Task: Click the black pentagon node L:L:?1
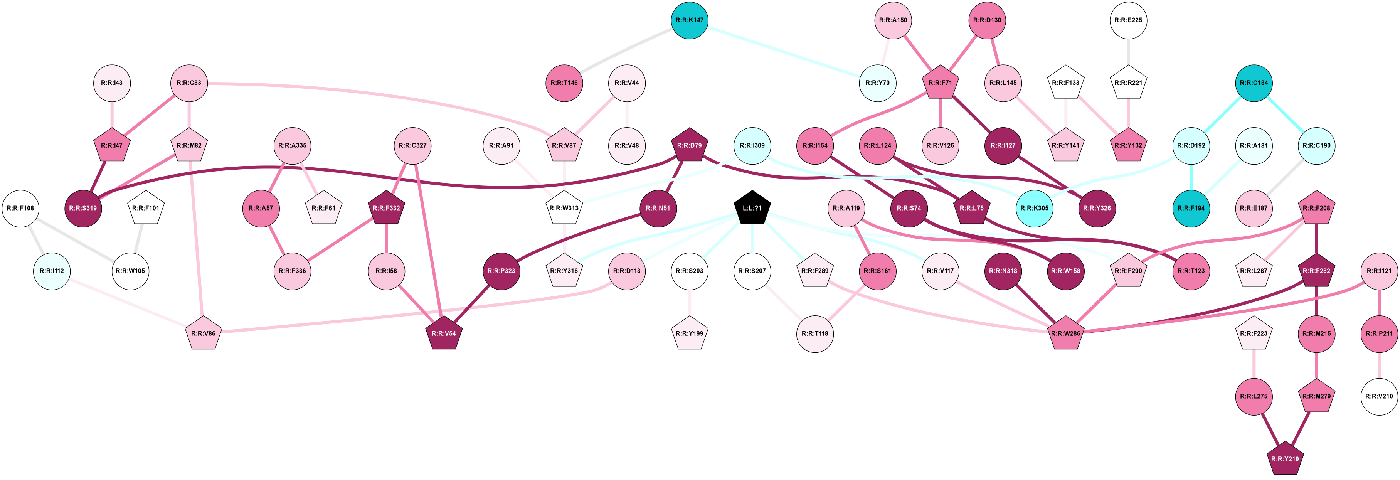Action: coord(752,208)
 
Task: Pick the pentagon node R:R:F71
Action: coord(940,83)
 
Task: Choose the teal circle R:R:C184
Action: coord(1254,83)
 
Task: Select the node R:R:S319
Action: coord(83,208)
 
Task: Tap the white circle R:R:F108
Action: coord(21,208)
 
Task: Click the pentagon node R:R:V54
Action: coord(444,333)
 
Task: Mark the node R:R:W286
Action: coord(1065,333)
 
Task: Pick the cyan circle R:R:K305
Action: coord(1034,208)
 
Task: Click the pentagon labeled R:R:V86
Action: coord(203,333)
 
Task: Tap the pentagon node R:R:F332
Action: coord(386,208)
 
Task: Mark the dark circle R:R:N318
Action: coord(1003,271)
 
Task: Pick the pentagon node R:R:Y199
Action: coord(689,333)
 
